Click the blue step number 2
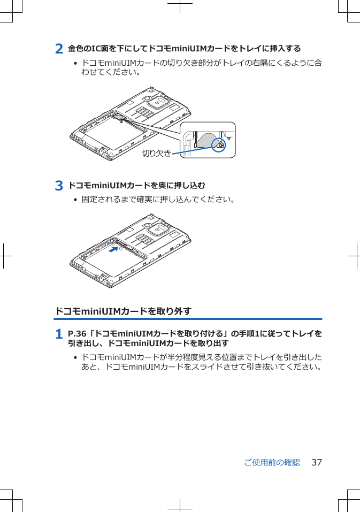click(x=59, y=49)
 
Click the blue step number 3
click(x=59, y=186)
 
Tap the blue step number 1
click(x=59, y=334)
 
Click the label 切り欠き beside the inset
click(x=156, y=154)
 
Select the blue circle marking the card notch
click(x=219, y=144)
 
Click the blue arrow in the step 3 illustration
click(x=113, y=249)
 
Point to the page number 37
click(x=317, y=462)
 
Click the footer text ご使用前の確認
click(x=272, y=462)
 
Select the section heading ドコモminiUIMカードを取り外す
click(x=124, y=311)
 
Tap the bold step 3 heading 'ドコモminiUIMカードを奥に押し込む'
click(x=136, y=186)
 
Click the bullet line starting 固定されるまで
click(x=158, y=200)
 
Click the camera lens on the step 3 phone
click(x=159, y=229)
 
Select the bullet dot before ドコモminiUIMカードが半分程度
click(x=75, y=357)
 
